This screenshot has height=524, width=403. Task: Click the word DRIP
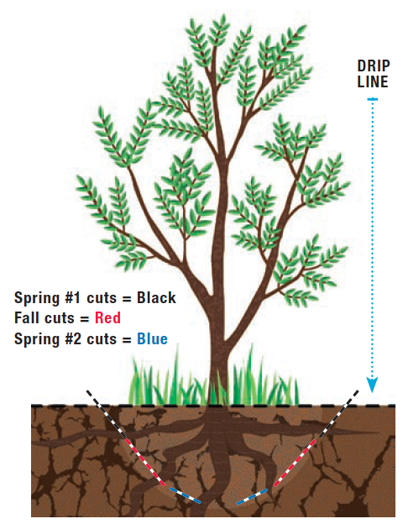click(374, 65)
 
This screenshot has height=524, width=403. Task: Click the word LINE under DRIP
click(373, 82)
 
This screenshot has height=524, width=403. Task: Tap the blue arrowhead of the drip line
click(372, 385)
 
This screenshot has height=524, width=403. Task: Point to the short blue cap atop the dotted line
click(372, 99)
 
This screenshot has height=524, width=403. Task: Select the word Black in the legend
click(156, 298)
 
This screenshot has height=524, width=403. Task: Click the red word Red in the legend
click(107, 317)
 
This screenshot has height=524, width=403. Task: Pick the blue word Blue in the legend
click(152, 339)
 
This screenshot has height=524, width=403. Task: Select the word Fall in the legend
click(26, 317)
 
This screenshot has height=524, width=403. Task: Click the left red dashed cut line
click(145, 462)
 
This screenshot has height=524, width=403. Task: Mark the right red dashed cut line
click(295, 463)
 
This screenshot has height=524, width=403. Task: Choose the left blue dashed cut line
click(186, 495)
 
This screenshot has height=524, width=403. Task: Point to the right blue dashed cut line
click(252, 496)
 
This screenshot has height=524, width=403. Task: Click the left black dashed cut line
click(107, 414)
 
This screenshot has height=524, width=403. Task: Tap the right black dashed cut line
click(338, 414)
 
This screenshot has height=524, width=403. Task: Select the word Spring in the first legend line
click(37, 298)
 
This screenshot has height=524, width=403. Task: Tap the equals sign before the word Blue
click(127, 340)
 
